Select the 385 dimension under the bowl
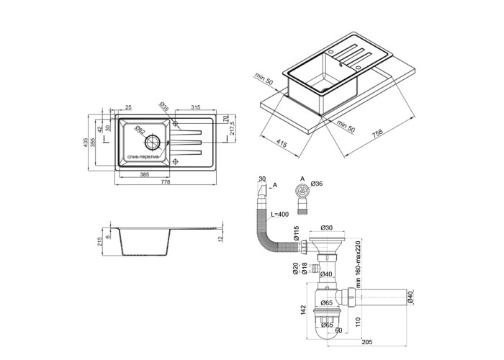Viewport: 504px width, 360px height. [144, 175]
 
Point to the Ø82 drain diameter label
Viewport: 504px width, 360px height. [140, 130]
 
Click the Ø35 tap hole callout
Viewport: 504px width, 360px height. [165, 107]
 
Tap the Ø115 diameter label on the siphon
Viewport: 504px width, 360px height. [296, 234]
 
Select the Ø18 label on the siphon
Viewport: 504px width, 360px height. [305, 269]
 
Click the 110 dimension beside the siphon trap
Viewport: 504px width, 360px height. [357, 312]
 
